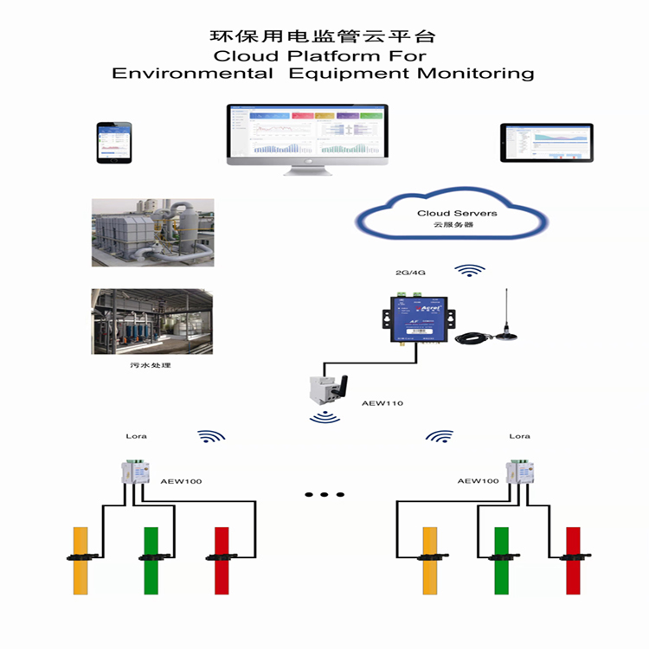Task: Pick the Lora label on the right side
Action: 519,436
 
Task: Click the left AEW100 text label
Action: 181,480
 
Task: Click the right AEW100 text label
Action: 478,480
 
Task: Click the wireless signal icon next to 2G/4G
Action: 470,271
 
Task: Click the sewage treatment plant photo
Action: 152,321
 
